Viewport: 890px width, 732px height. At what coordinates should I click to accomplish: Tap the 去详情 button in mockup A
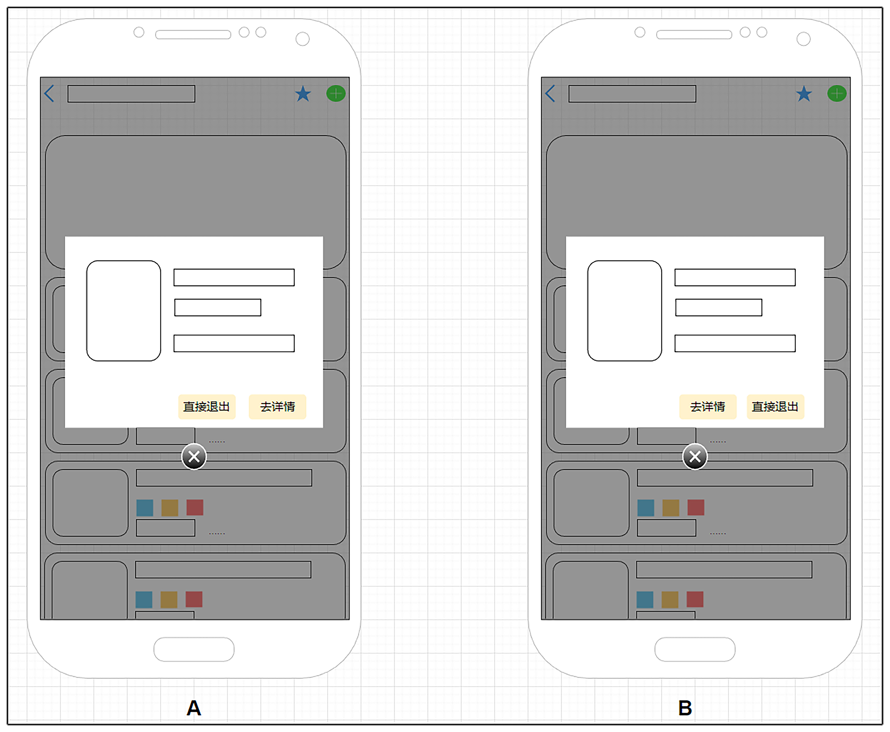point(277,406)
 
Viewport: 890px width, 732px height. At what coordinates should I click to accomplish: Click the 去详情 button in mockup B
point(707,406)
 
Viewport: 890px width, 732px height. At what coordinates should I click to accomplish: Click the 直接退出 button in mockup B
point(775,406)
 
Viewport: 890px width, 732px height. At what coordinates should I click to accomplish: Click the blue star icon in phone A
point(303,94)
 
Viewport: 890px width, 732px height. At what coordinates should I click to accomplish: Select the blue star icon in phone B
point(804,94)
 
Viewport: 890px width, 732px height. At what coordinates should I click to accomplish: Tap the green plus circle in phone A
point(336,93)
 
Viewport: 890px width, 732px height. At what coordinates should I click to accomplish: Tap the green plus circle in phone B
point(837,93)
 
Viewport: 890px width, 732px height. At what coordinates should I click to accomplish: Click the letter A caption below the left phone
point(194,708)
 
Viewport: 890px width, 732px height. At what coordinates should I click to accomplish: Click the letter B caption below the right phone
point(685,708)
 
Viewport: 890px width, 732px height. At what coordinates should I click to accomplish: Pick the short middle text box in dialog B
point(719,307)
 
